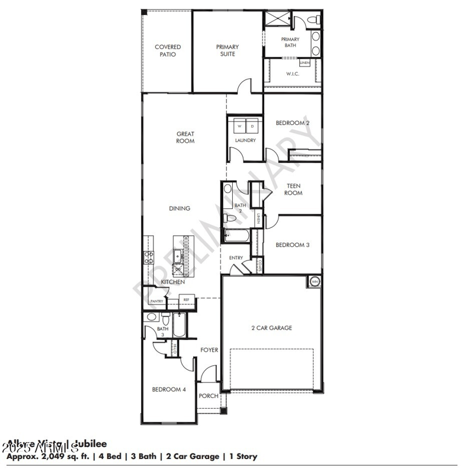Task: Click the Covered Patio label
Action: [168, 50]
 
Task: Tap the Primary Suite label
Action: [227, 50]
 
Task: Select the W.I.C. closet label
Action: [292, 74]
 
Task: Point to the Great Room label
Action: [185, 137]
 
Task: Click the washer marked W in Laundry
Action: [239, 127]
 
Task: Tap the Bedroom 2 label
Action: [293, 123]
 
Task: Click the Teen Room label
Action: [293, 189]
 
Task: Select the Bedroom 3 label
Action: [293, 245]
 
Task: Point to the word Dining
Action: [180, 208]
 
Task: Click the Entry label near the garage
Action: [236, 258]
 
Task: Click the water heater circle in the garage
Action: [314, 281]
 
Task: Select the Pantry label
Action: [156, 301]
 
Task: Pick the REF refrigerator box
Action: [185, 300]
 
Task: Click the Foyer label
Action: [209, 350]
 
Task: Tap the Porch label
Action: [208, 396]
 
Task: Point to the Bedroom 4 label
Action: [169, 389]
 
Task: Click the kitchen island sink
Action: [178, 256]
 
